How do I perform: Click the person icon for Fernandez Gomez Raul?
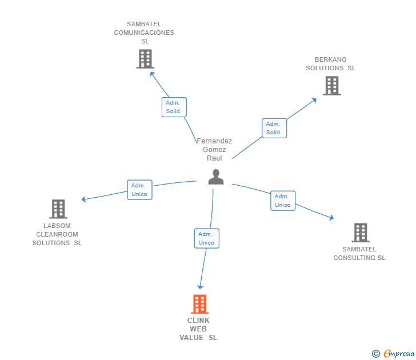pyautogui.click(x=215, y=177)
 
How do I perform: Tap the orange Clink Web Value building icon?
pyautogui.click(x=199, y=304)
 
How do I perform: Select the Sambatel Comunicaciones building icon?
pyautogui.click(x=145, y=59)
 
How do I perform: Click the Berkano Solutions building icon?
pyautogui.click(x=331, y=86)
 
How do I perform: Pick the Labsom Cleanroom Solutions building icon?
pyautogui.click(x=58, y=209)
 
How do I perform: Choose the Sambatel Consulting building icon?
pyautogui.click(x=360, y=233)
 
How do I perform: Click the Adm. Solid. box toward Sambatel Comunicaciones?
pyautogui.click(x=174, y=107)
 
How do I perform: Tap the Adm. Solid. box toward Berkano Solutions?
pyautogui.click(x=274, y=128)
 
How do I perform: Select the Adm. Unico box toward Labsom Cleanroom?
pyautogui.click(x=139, y=190)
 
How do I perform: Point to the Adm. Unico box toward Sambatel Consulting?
pyautogui.click(x=283, y=201)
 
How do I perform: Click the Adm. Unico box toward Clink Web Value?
pyautogui.click(x=206, y=238)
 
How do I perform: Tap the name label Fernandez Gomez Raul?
pyautogui.click(x=214, y=149)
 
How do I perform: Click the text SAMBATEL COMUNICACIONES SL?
pyautogui.click(x=144, y=33)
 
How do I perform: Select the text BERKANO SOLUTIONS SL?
pyautogui.click(x=330, y=63)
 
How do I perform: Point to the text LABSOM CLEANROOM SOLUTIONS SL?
pyautogui.click(x=57, y=234)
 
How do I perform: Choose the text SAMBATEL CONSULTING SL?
pyautogui.click(x=359, y=253)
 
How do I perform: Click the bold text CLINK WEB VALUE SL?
pyautogui.click(x=198, y=329)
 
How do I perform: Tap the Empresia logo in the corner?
pyautogui.click(x=398, y=354)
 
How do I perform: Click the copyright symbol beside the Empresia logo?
pyautogui.click(x=376, y=354)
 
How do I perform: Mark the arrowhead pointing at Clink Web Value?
pyautogui.click(x=200, y=286)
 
